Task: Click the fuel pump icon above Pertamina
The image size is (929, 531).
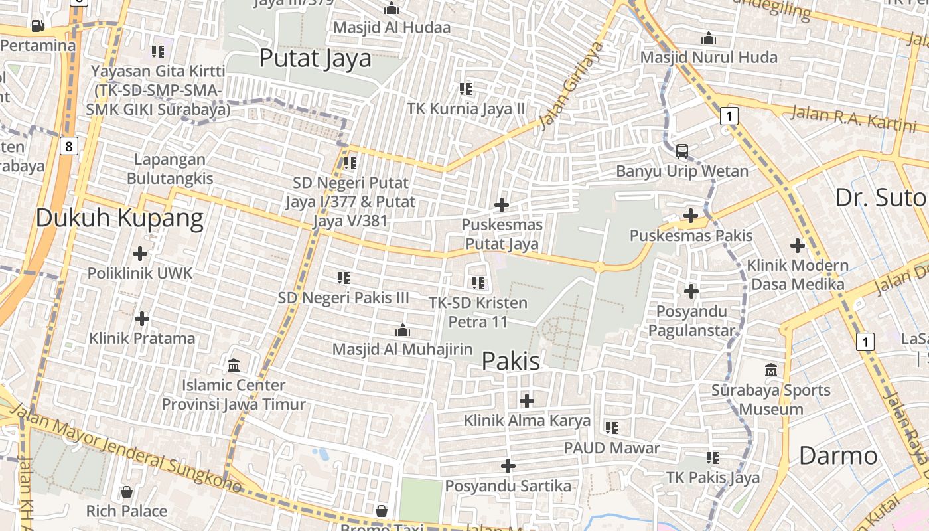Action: pyautogui.click(x=37, y=26)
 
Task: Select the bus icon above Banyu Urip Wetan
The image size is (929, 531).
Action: pyautogui.click(x=682, y=151)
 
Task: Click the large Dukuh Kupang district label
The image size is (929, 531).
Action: pyautogui.click(x=119, y=218)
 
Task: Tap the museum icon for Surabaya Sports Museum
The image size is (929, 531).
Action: pyautogui.click(x=771, y=370)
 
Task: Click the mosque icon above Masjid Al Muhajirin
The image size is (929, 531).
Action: pyautogui.click(x=402, y=330)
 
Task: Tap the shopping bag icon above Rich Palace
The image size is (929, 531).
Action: pyautogui.click(x=126, y=492)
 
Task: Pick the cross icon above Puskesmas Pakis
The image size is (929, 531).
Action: pyautogui.click(x=691, y=216)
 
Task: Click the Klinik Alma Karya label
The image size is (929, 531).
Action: pyautogui.click(x=527, y=420)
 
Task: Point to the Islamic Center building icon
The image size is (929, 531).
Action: pyautogui.click(x=234, y=365)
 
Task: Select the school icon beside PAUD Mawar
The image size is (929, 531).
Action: pyautogui.click(x=611, y=428)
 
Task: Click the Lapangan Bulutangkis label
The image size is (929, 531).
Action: pyautogui.click(x=170, y=169)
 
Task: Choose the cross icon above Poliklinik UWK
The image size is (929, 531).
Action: pyautogui.click(x=140, y=254)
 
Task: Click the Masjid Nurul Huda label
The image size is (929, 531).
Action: pyautogui.click(x=709, y=58)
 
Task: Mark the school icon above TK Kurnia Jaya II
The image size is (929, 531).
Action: pyautogui.click(x=466, y=88)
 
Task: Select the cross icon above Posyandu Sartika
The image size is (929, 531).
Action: pyautogui.click(x=508, y=466)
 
